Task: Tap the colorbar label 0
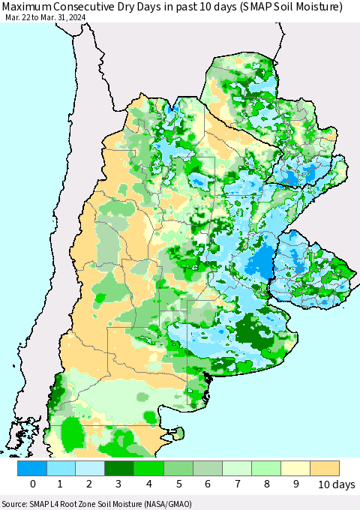point(33,484)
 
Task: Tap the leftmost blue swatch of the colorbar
point(33,468)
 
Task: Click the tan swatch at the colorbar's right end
point(325,468)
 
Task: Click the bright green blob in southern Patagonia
point(73,434)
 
